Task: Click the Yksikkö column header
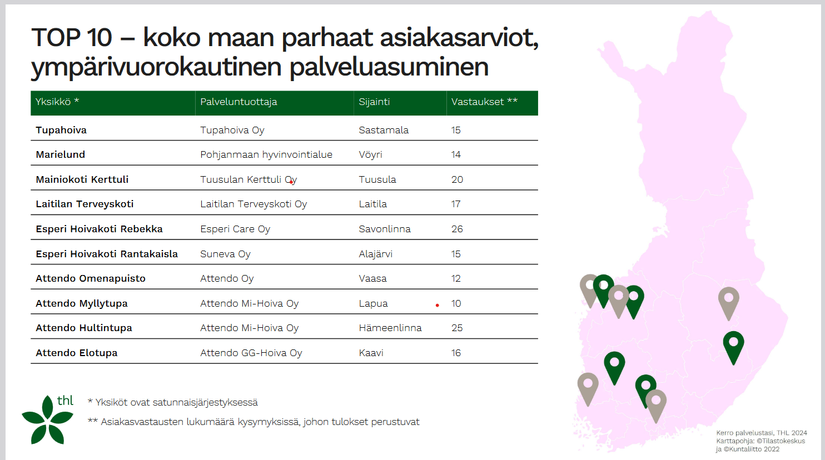57,102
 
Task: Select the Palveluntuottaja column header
238,102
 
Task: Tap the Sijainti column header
374,102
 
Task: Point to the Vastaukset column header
484,102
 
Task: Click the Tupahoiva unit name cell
61,130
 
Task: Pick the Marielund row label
61,154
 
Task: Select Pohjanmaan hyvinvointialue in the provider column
266,155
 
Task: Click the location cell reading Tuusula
377,179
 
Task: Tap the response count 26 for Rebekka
457,229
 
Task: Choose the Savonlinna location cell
385,229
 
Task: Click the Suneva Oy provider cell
225,254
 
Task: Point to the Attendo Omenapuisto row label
91,278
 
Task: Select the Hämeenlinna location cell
390,328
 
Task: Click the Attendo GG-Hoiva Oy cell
251,353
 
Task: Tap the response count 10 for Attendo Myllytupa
456,303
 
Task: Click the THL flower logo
48,419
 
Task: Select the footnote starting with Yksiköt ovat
173,403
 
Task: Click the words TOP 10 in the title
72,38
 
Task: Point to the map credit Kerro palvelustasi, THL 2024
761,433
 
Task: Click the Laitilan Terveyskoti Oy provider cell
254,204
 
